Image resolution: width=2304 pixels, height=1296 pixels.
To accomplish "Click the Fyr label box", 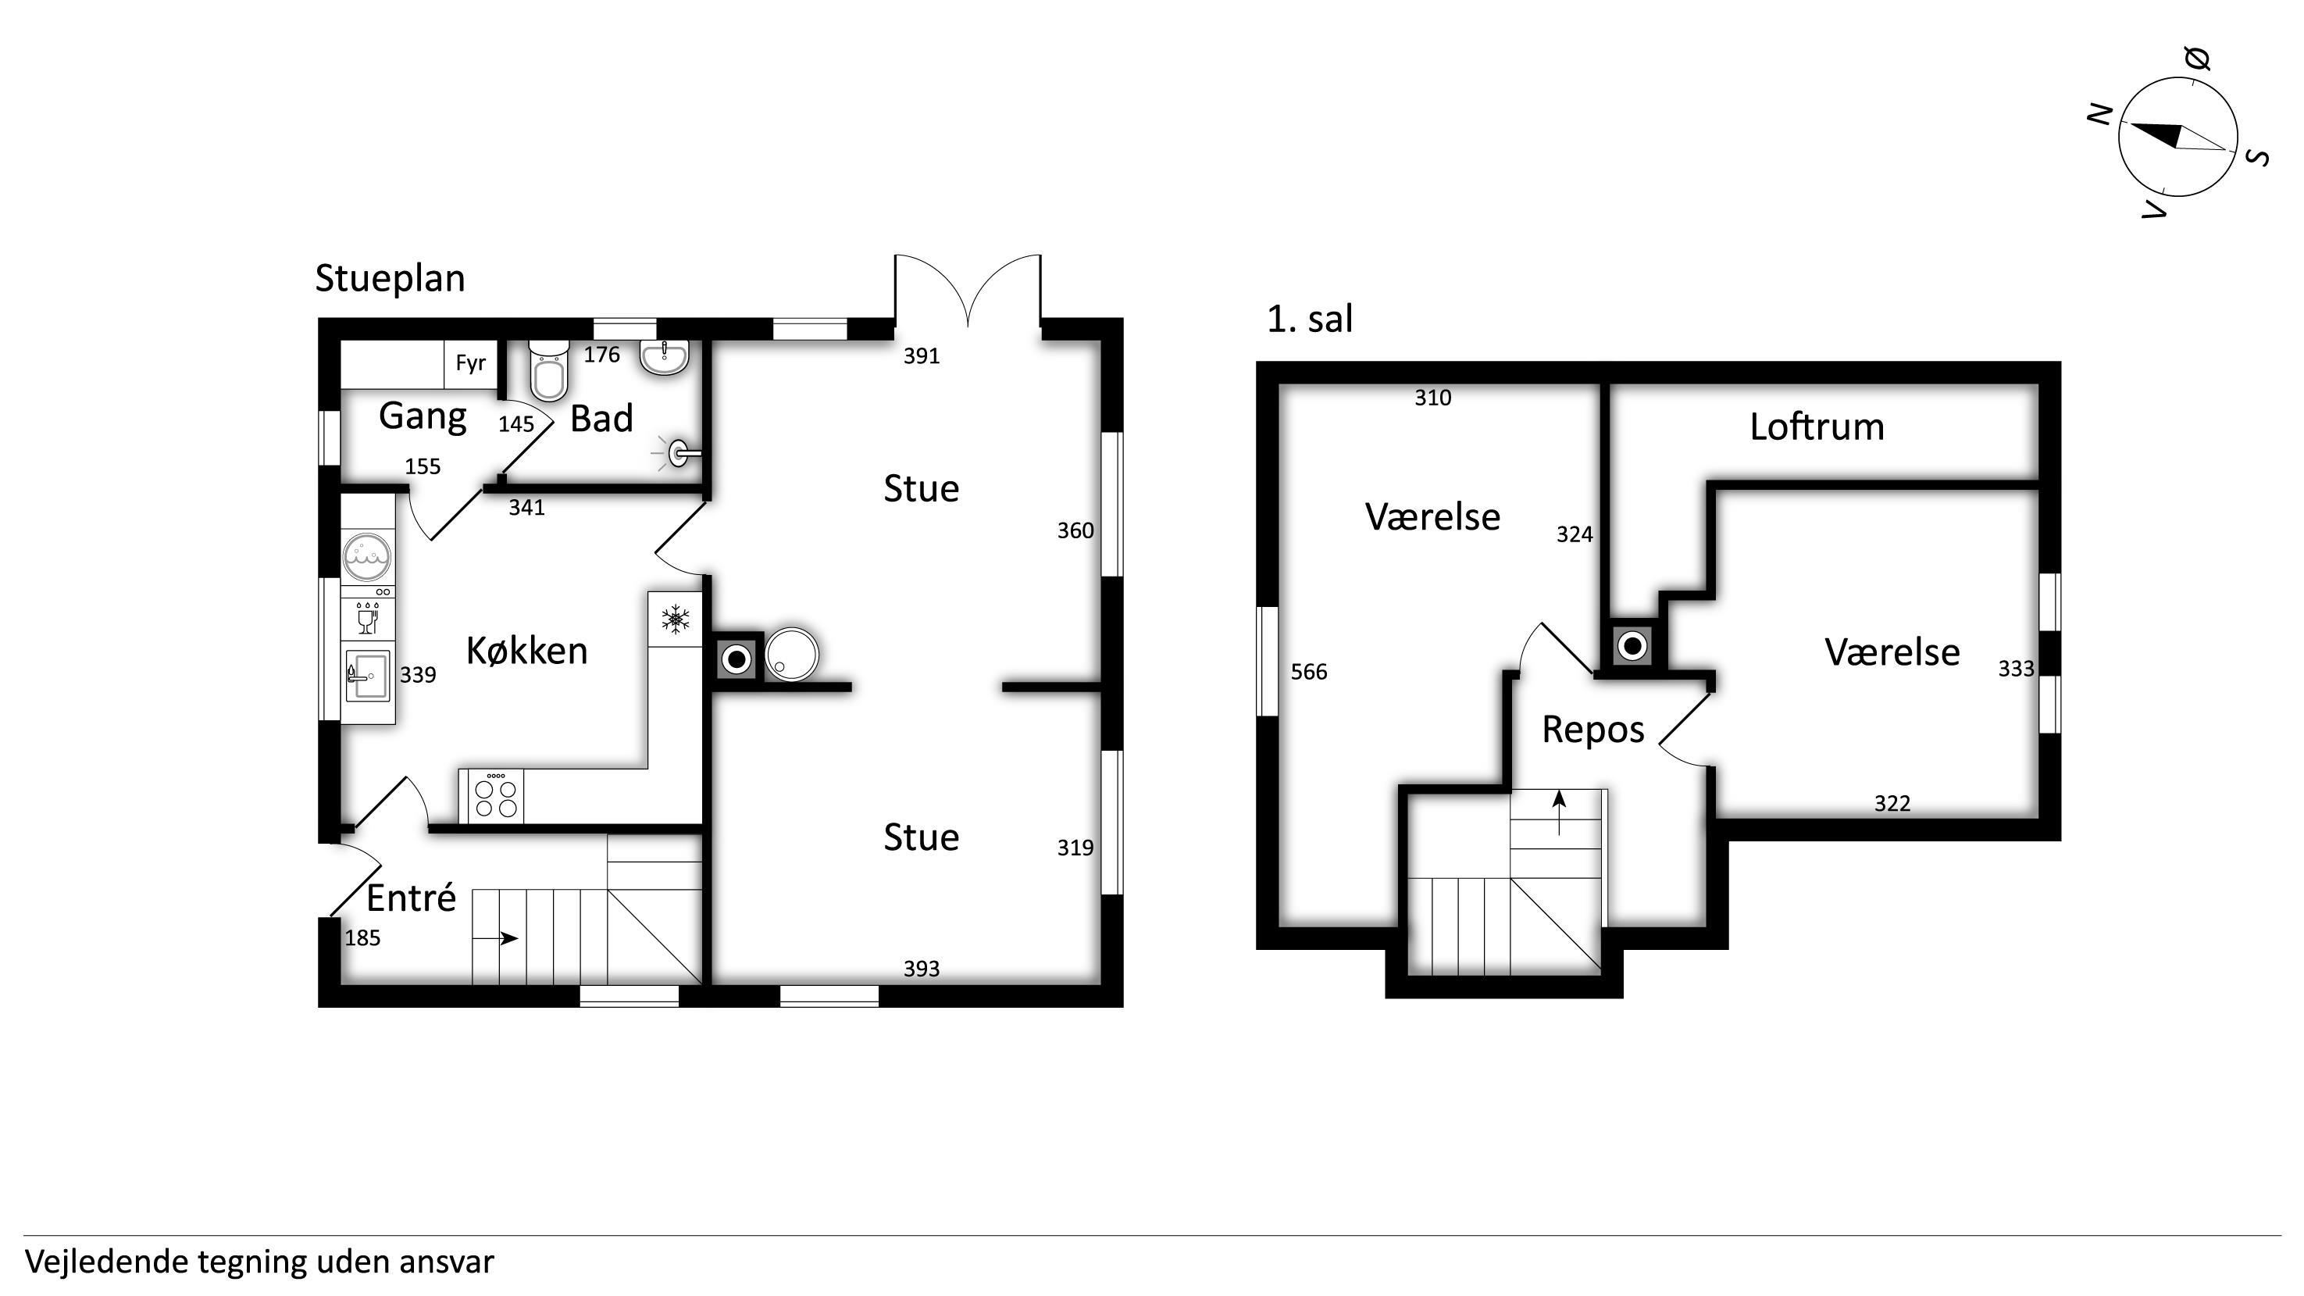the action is point(470,363).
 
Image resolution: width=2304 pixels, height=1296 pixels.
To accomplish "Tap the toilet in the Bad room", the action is point(548,370).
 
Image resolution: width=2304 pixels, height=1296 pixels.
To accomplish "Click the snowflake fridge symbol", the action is point(676,618).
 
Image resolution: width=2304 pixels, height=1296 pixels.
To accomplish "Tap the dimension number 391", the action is point(922,356).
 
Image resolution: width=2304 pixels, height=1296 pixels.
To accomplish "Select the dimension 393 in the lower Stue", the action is point(922,969).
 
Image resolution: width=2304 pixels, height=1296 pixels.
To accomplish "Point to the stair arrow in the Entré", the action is point(495,938).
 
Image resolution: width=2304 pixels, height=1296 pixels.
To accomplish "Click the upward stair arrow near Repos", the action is point(1560,812).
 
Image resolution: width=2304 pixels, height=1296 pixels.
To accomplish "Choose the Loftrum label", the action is point(1817,427).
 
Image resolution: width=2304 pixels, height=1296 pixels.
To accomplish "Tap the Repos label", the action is point(1593,730).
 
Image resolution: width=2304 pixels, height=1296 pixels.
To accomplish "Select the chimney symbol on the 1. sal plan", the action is point(1632,644).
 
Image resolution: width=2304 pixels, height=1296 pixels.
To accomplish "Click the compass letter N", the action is point(2100,115).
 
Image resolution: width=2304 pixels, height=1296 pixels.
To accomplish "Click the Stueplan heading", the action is point(390,279).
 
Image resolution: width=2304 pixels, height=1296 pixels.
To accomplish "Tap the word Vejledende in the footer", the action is point(106,1262).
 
